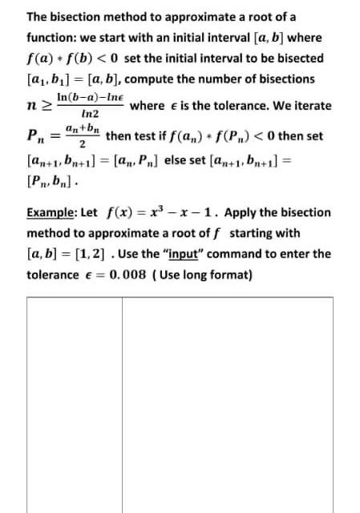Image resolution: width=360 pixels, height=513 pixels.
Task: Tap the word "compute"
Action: click(x=152, y=79)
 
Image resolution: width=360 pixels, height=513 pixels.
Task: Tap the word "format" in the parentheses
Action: click(x=229, y=275)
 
